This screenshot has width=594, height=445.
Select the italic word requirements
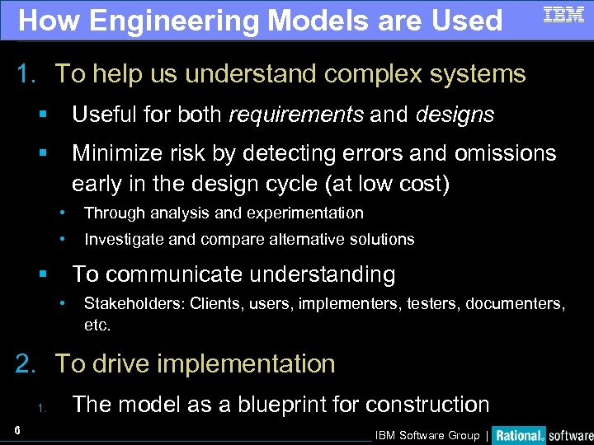(295, 115)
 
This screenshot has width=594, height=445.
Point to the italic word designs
(455, 115)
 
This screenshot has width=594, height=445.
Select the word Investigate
(126, 240)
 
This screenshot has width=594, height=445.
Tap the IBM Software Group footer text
(427, 435)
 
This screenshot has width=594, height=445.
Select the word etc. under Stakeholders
(97, 326)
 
